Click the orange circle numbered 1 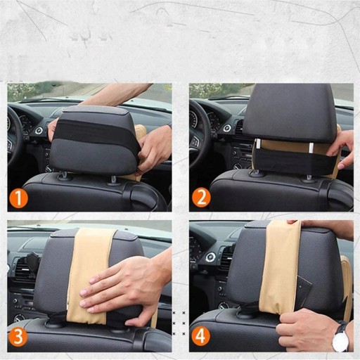[x=18, y=198]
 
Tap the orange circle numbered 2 [x=201, y=198]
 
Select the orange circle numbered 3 [x=18, y=337]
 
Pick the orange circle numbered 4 [x=201, y=337]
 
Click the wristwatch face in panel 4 [x=340, y=340]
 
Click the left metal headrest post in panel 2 [x=259, y=143]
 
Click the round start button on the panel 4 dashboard [x=210, y=257]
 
